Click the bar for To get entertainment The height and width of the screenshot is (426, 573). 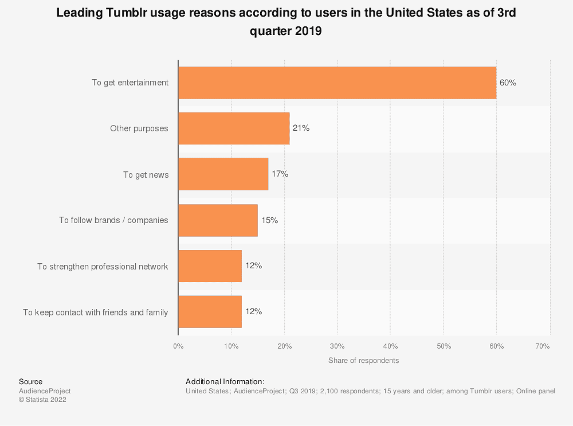coord(337,83)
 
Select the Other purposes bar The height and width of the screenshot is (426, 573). coord(234,128)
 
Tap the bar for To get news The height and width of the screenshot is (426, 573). coord(223,174)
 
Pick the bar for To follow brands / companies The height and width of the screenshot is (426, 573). coord(218,220)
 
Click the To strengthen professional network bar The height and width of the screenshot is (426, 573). coord(210,266)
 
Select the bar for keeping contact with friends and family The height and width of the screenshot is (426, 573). coord(210,312)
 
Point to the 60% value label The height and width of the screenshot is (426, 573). coord(508,83)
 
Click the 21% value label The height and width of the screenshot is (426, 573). coord(301,128)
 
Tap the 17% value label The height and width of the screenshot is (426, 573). coord(280,174)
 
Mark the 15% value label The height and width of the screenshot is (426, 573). coord(269,220)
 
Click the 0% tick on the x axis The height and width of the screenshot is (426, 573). coord(178,346)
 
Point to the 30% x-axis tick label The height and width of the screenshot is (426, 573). coord(337,346)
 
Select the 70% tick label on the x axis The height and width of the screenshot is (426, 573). coord(542,346)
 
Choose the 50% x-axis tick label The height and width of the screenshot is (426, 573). coord(444,346)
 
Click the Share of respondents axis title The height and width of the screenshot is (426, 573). coord(363,361)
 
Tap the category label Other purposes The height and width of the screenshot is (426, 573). coord(139,128)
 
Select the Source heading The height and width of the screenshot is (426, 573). coord(30,382)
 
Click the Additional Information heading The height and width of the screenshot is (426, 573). coord(225,382)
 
